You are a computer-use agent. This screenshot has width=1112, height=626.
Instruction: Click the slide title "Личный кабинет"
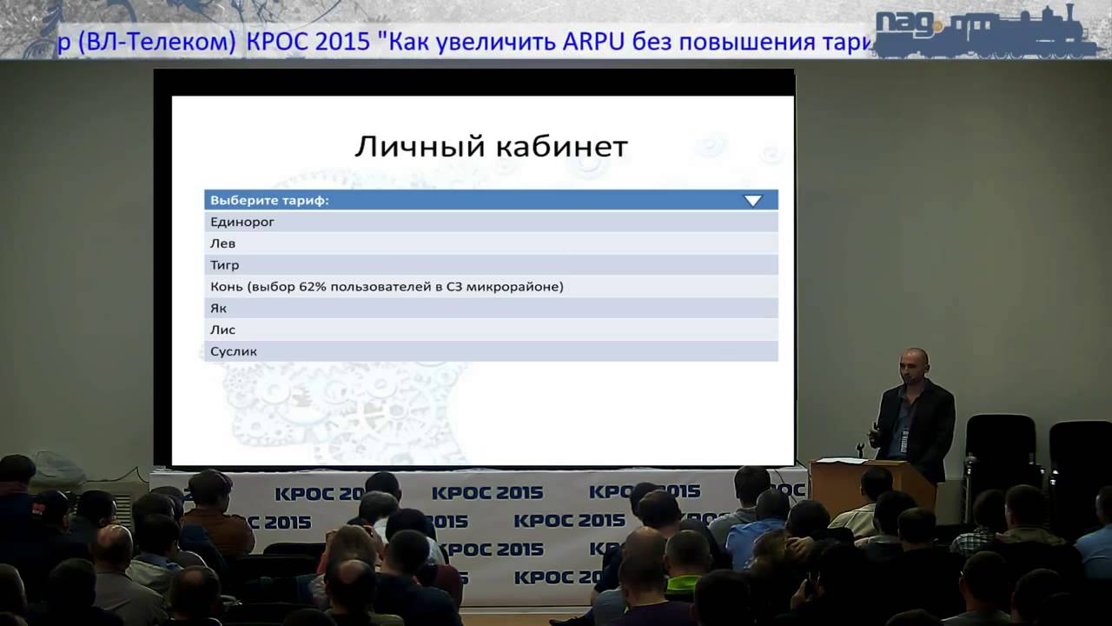[x=491, y=146]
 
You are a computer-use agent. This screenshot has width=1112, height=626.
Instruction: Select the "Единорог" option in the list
[x=242, y=223]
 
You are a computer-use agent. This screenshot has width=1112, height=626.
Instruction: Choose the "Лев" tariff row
[x=223, y=244]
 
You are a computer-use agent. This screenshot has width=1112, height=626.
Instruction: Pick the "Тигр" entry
[x=225, y=265]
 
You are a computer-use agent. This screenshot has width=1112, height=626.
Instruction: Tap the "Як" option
[x=218, y=309]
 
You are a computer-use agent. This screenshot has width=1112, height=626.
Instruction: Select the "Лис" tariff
[x=223, y=330]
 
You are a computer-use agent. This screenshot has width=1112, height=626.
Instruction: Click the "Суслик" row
[x=234, y=352]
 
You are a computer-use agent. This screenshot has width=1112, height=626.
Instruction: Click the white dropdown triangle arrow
[x=752, y=201]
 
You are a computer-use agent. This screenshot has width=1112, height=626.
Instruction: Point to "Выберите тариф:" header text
[x=269, y=201]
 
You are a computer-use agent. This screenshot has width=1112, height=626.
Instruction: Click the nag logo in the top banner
[x=907, y=24]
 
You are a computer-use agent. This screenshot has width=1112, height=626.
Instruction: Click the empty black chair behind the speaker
[x=999, y=452]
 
